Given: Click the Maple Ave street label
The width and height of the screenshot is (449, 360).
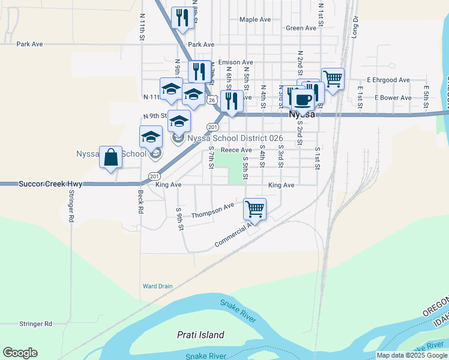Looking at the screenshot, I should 255,19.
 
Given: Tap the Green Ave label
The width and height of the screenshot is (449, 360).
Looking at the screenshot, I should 301,28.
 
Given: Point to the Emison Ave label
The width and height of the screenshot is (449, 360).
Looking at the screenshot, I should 235,62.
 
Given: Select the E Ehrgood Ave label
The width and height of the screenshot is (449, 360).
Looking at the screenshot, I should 388,80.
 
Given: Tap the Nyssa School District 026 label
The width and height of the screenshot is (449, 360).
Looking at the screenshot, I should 235,138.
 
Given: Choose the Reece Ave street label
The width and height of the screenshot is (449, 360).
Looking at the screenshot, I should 236,150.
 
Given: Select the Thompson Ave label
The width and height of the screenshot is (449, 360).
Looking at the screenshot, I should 212,211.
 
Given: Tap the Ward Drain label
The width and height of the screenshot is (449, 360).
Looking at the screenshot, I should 157,286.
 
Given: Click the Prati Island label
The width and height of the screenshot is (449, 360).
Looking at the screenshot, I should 200,335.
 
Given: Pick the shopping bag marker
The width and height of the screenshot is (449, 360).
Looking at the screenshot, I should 110,158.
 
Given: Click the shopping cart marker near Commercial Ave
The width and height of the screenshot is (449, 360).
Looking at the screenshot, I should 255,209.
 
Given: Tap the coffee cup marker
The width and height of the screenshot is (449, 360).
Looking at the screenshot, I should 303,98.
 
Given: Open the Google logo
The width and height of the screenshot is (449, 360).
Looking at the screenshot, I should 20,353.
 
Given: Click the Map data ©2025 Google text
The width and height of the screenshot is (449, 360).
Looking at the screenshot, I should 412,355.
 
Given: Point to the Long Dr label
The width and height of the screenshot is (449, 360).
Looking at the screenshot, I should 354,28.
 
